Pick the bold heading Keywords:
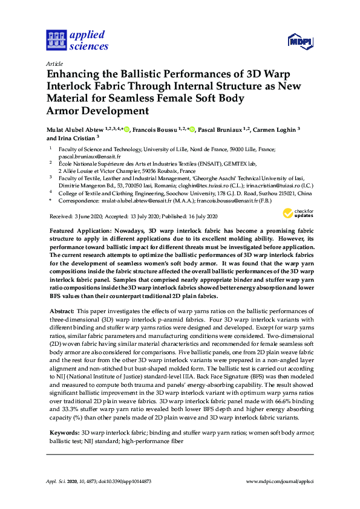click(64, 432)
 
